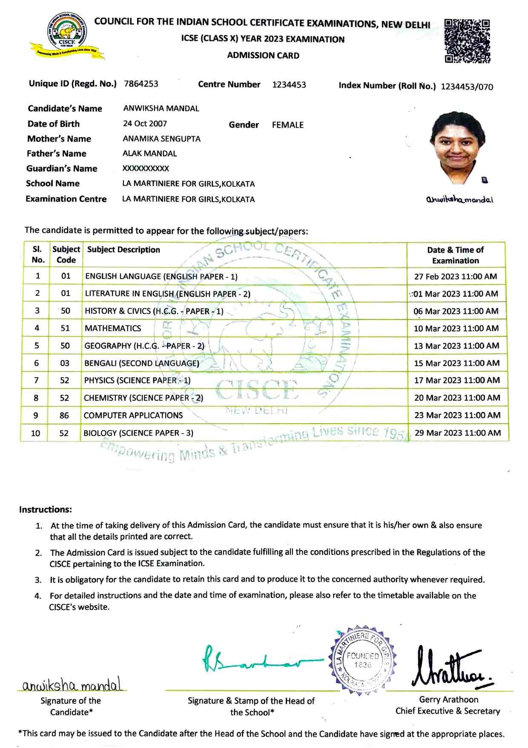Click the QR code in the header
467,41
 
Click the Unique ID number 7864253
141,84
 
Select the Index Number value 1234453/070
467,87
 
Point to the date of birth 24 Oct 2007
145,124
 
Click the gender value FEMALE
288,125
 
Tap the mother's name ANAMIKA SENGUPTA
161,139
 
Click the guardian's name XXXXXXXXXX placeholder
146,169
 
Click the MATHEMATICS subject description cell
113,329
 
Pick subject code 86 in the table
64,416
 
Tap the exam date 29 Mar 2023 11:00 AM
457,433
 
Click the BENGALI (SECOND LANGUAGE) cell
141,364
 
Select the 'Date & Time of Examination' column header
455,255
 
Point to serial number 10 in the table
36,433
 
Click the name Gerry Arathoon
448,699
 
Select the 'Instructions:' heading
46,510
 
